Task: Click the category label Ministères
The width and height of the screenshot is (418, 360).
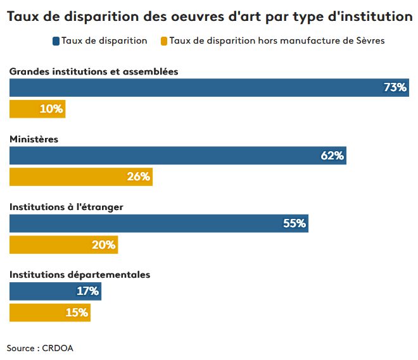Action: coord(34,139)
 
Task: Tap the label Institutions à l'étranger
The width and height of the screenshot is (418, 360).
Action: coord(66,207)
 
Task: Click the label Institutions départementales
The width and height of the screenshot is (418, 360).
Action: coord(79,275)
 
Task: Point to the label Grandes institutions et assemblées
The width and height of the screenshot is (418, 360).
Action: coord(94,71)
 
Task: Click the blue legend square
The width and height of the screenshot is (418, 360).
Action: coord(56,41)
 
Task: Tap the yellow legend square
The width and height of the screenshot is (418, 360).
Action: coord(164,41)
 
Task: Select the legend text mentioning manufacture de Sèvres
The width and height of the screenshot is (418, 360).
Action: coord(277,41)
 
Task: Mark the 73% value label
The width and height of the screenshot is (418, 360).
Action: coord(395,87)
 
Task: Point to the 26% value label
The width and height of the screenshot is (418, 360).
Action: coord(138,177)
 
